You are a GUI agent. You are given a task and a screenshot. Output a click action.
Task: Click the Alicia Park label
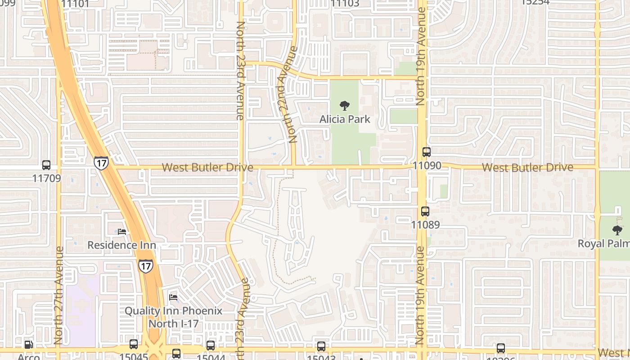click(x=345, y=119)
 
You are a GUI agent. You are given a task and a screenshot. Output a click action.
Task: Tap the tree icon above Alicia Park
click(x=345, y=106)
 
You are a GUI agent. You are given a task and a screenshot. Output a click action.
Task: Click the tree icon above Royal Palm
click(x=617, y=230)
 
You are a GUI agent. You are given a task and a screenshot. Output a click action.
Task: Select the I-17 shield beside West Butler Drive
click(x=101, y=163)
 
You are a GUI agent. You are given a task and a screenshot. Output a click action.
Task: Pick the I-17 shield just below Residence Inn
click(x=145, y=265)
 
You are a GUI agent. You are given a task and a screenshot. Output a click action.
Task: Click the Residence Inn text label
click(x=121, y=245)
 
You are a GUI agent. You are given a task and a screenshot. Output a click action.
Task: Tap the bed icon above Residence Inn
click(x=122, y=232)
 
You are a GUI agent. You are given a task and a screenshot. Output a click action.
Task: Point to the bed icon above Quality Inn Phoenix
click(x=173, y=297)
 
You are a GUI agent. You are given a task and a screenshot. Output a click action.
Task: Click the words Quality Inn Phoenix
click(x=173, y=311)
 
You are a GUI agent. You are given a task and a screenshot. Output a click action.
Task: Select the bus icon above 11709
click(x=46, y=165)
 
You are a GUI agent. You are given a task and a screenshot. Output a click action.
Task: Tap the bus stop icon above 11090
click(x=426, y=152)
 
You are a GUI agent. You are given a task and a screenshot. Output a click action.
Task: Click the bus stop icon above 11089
click(x=425, y=211)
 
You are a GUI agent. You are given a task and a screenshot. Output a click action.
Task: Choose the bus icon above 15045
click(x=134, y=344)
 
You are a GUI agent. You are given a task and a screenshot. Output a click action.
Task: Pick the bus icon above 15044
click(x=211, y=346)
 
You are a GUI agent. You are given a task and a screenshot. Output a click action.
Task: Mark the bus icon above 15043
click(x=321, y=346)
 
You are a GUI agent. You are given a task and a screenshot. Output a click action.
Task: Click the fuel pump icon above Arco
click(x=28, y=345)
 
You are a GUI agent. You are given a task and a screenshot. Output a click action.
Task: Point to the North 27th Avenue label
click(x=59, y=296)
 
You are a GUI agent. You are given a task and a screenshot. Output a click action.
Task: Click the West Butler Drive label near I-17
click(x=207, y=167)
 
